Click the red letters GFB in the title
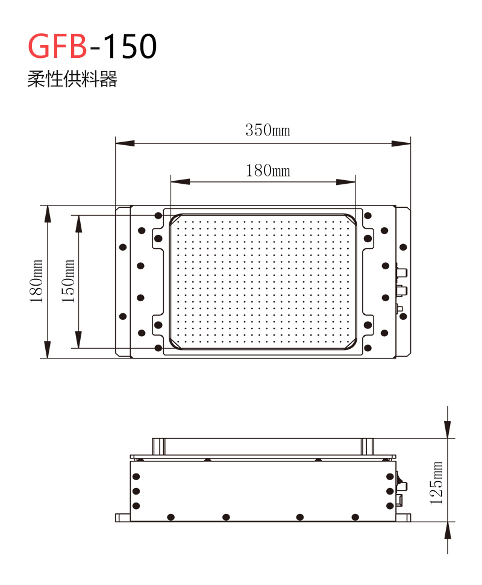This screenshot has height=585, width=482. pyautogui.click(x=58, y=46)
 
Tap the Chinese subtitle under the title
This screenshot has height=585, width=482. pyautogui.click(x=72, y=79)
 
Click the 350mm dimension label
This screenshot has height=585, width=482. pyautogui.click(x=268, y=130)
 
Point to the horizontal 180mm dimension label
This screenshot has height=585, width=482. pyautogui.click(x=268, y=170)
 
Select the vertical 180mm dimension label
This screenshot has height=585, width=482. pyautogui.click(x=37, y=281)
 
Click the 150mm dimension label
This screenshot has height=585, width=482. pyautogui.click(x=68, y=281)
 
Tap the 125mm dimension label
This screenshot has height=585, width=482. pyautogui.click(x=436, y=483)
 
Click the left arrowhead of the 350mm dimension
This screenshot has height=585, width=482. pyautogui.click(x=125, y=143)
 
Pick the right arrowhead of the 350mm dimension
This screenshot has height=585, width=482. pyautogui.click(x=401, y=143)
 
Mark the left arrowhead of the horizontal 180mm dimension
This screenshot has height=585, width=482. pyautogui.click(x=180, y=182)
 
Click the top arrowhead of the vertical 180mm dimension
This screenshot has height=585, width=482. pyautogui.click(x=48, y=214)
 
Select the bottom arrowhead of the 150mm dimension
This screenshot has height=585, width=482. pyautogui.click(x=79, y=340)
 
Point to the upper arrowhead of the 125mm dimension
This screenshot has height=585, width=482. pyautogui.click(x=448, y=429)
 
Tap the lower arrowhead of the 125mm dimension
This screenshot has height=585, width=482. pyautogui.click(x=448, y=531)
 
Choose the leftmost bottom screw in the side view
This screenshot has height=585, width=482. pyautogui.click(x=171, y=517)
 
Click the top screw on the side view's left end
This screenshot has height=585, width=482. pyautogui.click(x=136, y=477)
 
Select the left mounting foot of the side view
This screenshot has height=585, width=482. pyautogui.click(x=123, y=518)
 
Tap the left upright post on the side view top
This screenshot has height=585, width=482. pyautogui.click(x=158, y=446)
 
